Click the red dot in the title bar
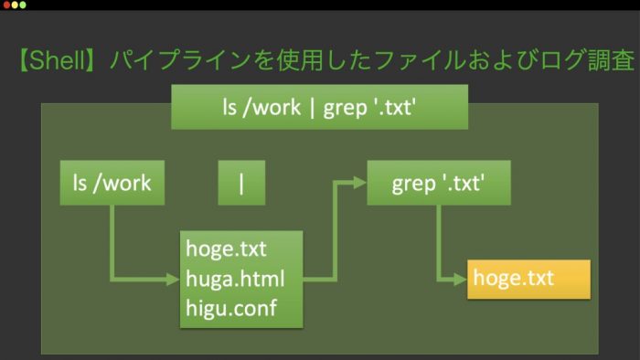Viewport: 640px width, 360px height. coord(6,5)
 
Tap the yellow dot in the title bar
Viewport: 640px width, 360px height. coord(15,5)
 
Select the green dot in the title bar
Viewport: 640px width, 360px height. coord(23,5)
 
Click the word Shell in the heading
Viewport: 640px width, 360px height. coord(57,60)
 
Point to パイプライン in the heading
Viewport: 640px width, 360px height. coord(179,60)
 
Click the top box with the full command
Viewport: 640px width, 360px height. coord(320,107)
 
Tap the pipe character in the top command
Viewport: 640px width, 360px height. coord(313,108)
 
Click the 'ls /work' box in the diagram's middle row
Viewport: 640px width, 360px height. coord(112,183)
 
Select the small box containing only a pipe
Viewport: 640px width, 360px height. coord(241,183)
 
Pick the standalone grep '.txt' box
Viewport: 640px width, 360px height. coord(439,183)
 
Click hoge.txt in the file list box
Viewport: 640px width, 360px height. coord(226,249)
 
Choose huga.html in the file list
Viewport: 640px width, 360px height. coord(235,279)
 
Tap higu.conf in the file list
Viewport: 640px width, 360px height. coord(231,308)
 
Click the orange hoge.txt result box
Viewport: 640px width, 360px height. coord(529,280)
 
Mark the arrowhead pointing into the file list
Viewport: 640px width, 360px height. coord(173,280)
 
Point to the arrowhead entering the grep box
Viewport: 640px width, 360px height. coord(360,183)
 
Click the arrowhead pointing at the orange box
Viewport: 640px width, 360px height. coord(461,280)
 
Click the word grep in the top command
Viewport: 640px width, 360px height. coord(346,109)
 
